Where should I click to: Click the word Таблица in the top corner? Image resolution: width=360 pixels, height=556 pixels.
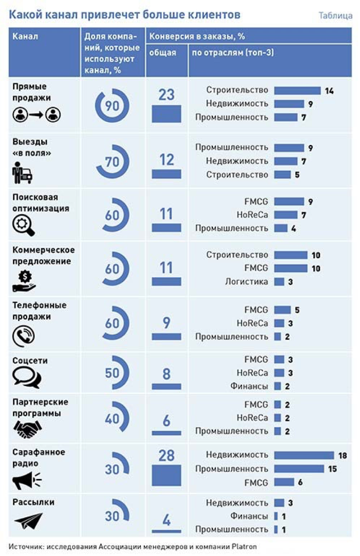point(336,16)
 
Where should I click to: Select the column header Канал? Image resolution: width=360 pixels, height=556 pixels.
point(25,37)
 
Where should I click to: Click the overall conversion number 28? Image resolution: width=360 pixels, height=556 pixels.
point(166,456)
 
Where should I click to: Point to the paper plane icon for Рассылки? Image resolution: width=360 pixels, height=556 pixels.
point(28,520)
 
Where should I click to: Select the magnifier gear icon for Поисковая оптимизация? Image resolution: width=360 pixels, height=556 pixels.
point(23,226)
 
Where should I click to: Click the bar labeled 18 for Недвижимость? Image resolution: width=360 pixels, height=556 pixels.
point(304,456)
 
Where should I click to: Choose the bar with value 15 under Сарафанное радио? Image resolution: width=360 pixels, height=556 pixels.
point(299,469)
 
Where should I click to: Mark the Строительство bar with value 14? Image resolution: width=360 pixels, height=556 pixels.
point(297,91)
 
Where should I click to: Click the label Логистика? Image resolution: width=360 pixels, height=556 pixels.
point(247,281)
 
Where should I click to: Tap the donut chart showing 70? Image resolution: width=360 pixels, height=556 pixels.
point(112,162)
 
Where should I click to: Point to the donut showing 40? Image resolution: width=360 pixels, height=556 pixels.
point(112,419)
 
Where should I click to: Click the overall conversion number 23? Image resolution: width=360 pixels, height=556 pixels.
point(166,95)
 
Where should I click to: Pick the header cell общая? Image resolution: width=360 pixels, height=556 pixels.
point(163,53)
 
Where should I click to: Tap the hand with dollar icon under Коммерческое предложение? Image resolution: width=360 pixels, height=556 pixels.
point(24,281)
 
